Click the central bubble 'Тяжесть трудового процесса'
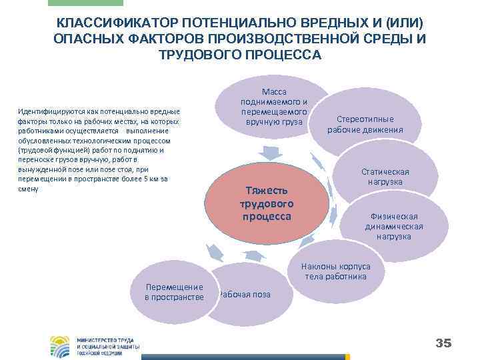coord(267,203)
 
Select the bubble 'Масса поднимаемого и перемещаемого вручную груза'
coord(273,107)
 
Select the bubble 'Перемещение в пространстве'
coord(174,291)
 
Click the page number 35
coord(443,343)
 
